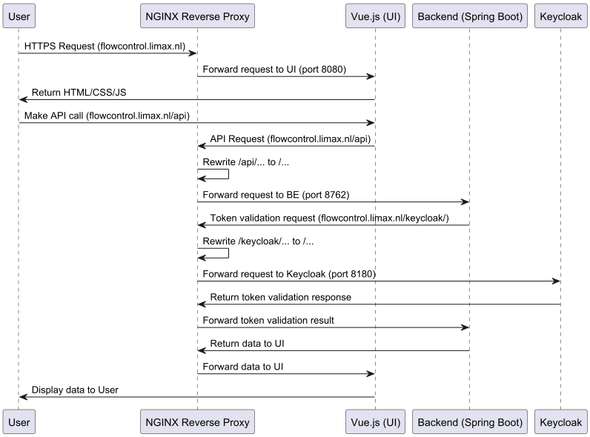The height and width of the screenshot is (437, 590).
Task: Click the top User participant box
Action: [19, 16]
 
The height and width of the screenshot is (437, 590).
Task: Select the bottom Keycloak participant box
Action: [560, 422]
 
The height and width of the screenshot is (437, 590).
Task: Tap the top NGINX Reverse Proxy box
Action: [197, 16]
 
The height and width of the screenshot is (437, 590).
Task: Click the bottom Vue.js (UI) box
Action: [375, 422]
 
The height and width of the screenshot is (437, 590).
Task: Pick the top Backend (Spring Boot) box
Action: [469, 16]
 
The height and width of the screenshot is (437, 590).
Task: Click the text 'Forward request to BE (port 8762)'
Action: [276, 196]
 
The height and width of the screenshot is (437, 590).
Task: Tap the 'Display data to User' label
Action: [75, 390]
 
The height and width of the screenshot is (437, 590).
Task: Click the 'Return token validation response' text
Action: [280, 298]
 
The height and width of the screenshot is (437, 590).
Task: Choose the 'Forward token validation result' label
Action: [268, 321]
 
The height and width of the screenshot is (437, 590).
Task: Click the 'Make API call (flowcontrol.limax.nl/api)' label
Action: [112, 116]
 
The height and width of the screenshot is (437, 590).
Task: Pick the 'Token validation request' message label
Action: [329, 218]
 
